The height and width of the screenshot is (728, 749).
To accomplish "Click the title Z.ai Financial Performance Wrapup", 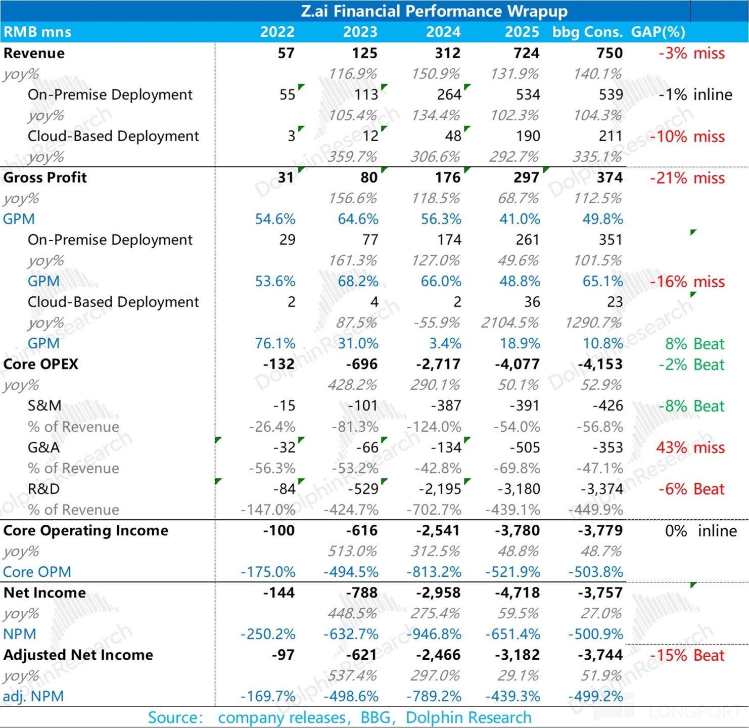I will coord(434,11).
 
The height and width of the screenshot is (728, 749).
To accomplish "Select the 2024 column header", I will coord(443,32).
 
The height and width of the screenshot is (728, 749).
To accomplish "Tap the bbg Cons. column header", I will coord(587,32).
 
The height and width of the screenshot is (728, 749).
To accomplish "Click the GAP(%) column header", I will coord(658,32).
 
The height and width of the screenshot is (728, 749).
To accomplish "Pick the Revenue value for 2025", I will coord(526,53).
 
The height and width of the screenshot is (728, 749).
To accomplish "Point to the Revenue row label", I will coord(34,53).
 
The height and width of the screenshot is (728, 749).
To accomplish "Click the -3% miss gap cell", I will coord(691,53).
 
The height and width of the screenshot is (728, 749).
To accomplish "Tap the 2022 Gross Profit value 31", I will coord(286,177).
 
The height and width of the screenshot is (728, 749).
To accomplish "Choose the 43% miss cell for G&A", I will coord(690,447).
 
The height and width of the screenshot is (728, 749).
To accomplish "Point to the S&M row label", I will coord(44,405).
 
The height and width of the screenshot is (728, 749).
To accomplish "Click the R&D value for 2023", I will coord(363,489).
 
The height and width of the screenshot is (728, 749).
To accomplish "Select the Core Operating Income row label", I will coord(85,530).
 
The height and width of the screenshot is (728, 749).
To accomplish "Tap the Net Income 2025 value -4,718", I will coord(517,593).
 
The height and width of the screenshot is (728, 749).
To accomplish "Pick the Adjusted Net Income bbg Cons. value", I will coord(600,655).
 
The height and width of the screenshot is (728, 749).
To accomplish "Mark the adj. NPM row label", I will coord(33,696).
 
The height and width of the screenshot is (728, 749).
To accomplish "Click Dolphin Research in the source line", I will coord(469,717).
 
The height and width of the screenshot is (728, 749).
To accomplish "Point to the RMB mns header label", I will coord(37,32).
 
